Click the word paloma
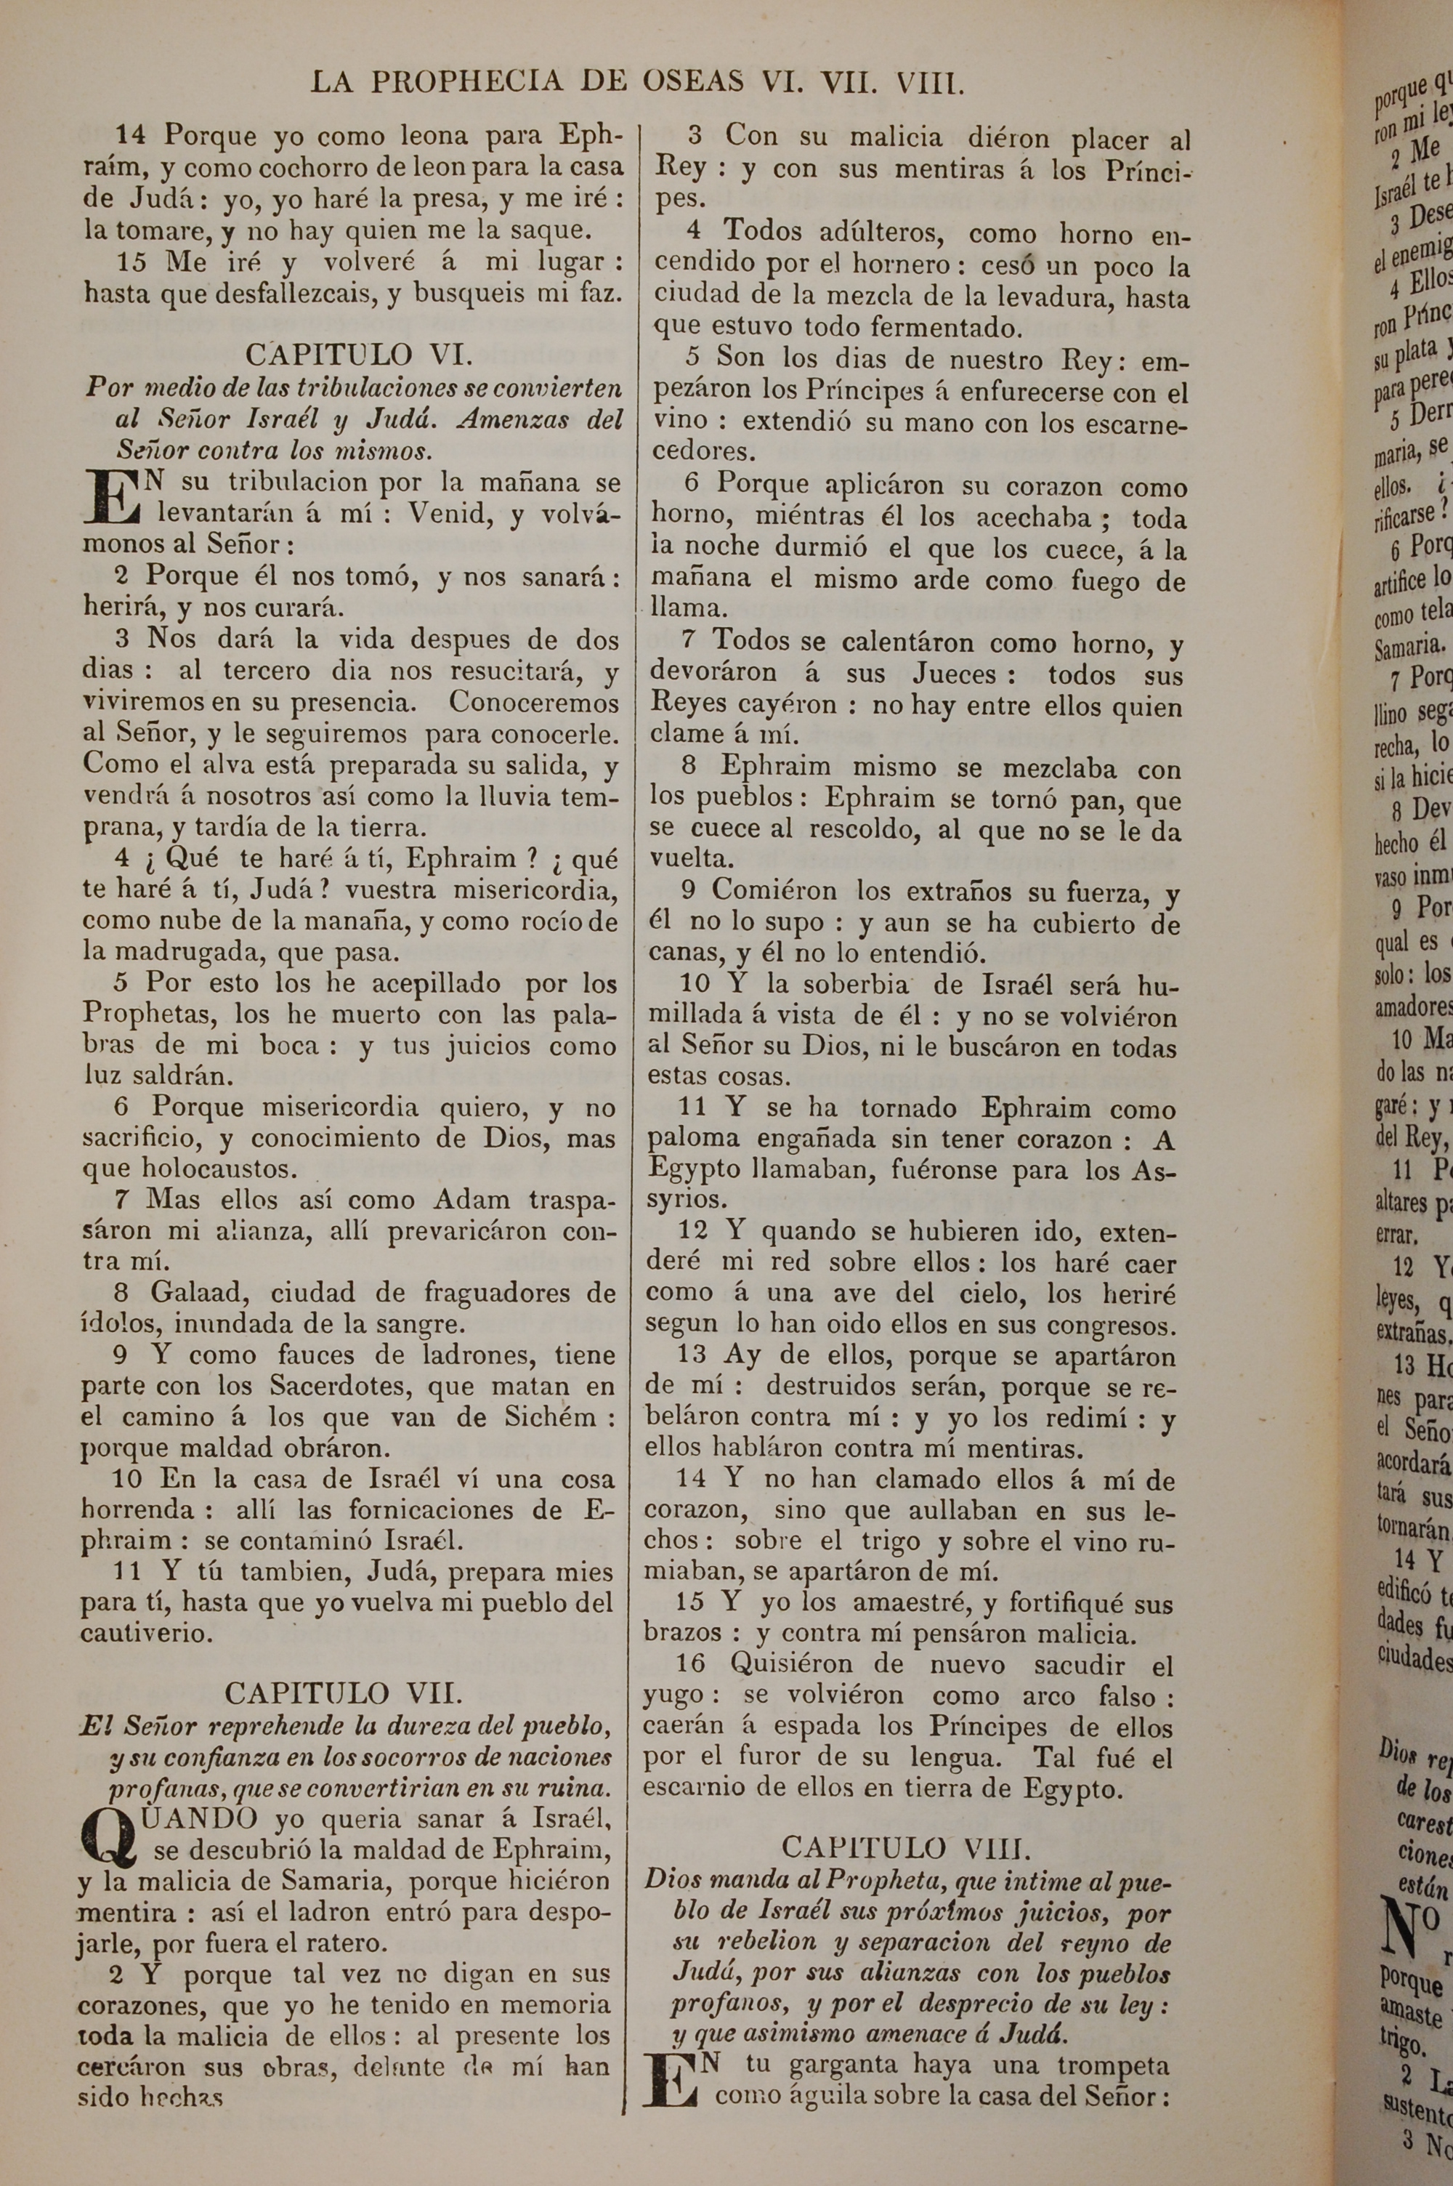click(x=693, y=1140)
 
